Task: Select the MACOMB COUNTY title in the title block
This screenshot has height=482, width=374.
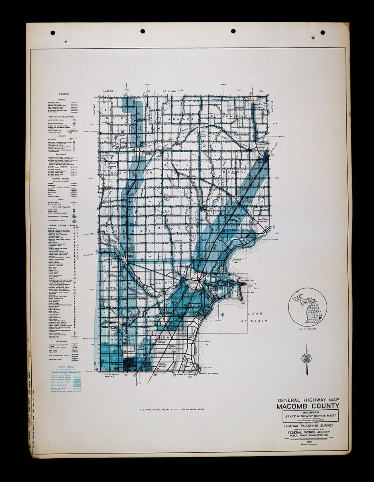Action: coord(308,406)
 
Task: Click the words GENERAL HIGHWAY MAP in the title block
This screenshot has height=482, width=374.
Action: coord(308,400)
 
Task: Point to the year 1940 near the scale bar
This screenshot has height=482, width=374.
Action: coord(308,441)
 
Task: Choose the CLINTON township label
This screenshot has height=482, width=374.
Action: coord(165,283)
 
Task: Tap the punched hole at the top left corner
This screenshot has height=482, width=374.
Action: coord(53,33)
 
